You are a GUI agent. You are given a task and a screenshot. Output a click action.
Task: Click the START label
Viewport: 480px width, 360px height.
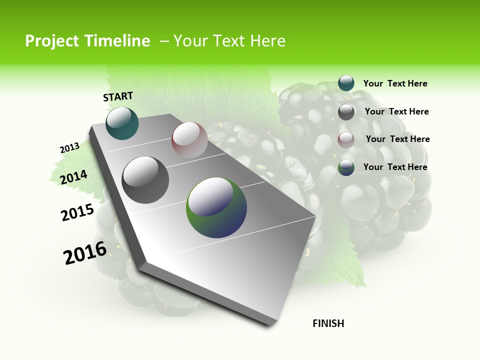click(x=118, y=96)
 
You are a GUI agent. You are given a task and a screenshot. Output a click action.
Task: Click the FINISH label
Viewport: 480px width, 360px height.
click(x=328, y=323)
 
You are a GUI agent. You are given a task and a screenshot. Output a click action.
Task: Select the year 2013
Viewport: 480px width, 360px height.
click(x=69, y=148)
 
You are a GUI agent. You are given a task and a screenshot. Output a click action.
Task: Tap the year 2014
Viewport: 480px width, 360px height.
click(x=74, y=177)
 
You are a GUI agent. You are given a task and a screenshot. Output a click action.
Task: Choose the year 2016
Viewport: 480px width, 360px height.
click(x=85, y=253)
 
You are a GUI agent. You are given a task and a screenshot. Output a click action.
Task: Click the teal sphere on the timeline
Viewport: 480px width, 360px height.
click(x=122, y=123)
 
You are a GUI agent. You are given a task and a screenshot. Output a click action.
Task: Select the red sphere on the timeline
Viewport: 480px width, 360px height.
click(x=189, y=140)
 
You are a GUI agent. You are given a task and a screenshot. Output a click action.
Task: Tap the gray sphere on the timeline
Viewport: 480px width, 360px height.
click(x=145, y=180)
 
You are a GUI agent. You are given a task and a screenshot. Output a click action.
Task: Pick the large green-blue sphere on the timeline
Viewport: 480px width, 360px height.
click(x=216, y=207)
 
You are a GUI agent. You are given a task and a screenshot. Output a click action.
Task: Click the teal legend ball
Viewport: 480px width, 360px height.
click(x=346, y=83)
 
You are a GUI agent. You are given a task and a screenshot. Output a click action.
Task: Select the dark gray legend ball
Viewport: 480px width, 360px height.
click(x=346, y=112)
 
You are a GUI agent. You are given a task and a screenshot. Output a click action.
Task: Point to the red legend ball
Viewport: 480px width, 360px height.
click(x=346, y=140)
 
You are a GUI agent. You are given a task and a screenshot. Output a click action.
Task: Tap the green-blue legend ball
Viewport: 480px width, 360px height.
click(x=346, y=167)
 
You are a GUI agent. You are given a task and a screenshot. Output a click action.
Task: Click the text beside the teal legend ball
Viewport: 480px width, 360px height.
click(x=395, y=83)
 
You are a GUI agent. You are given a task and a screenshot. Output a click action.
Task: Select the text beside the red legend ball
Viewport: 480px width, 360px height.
click(x=397, y=139)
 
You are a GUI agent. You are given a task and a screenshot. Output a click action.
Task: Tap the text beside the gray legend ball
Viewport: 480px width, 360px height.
click(x=396, y=111)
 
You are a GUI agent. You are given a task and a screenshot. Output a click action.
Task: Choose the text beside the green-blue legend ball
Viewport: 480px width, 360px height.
click(x=395, y=167)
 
